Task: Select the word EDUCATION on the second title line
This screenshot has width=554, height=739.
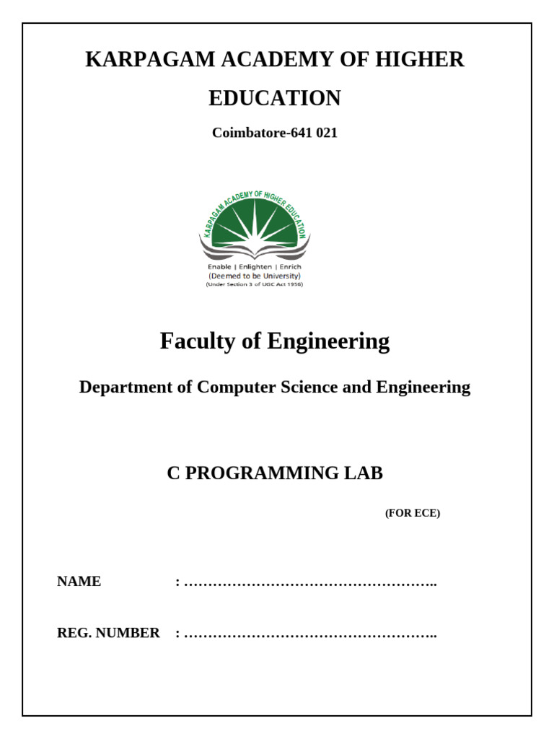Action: (x=274, y=98)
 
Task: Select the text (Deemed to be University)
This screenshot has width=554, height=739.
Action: (x=255, y=275)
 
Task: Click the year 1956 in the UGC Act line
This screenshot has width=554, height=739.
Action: (x=294, y=284)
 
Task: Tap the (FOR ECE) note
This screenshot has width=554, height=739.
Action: (x=412, y=514)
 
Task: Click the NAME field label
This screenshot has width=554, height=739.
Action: (x=79, y=582)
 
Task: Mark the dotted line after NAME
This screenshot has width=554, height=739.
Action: (x=310, y=583)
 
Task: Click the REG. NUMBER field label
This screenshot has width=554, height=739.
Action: (x=108, y=633)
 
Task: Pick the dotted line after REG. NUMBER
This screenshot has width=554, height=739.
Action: (x=310, y=634)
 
